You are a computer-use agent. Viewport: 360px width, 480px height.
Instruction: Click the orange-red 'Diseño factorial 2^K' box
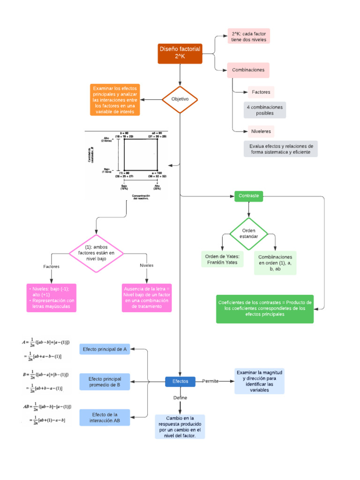tap(180, 53)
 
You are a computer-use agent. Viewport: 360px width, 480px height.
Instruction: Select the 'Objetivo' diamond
tap(180, 99)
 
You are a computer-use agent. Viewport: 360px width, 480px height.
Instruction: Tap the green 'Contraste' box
tap(248, 196)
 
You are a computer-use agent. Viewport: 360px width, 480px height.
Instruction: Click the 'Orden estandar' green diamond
tap(249, 233)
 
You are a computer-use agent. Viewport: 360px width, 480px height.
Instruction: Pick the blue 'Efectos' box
tap(180, 382)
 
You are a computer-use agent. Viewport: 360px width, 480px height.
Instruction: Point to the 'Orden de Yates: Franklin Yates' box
tap(223, 259)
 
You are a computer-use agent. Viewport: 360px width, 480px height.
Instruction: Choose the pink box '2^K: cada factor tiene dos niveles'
tap(248, 37)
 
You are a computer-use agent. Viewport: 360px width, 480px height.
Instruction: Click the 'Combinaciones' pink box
tap(248, 70)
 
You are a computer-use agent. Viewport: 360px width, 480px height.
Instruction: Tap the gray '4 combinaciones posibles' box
tap(265, 110)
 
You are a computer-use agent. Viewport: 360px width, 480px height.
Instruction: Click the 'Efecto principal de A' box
tap(105, 350)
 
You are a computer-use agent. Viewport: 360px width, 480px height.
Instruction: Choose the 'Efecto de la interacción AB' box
tap(105, 418)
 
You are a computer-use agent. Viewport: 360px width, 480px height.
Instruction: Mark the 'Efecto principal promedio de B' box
tap(105, 382)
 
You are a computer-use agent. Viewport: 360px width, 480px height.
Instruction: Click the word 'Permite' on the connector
tap(210, 382)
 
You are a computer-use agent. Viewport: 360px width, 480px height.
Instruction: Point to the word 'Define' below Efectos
tap(180, 397)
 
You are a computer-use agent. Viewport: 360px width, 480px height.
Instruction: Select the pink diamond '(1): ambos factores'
tap(96, 253)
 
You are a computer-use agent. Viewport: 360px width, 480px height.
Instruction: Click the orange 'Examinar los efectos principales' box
tap(115, 100)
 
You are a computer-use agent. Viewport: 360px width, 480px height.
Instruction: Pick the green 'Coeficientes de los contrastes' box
tap(265, 308)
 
